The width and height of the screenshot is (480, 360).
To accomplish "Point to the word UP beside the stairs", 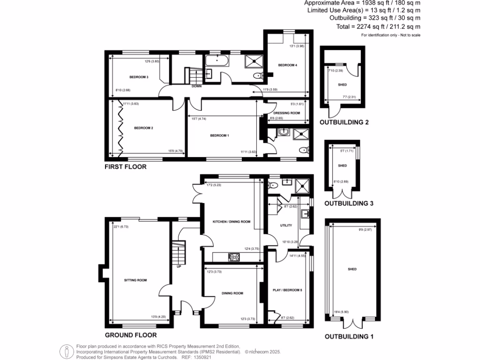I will click(x=179, y=267).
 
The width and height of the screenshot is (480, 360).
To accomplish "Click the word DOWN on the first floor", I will click(x=196, y=86).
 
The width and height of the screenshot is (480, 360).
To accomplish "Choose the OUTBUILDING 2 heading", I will click(x=344, y=123).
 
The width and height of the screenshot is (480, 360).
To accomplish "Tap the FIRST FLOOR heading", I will click(x=126, y=166).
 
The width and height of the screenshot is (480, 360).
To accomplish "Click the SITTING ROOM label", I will click(x=135, y=280).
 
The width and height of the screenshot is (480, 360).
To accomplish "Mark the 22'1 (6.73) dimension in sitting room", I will click(x=121, y=227).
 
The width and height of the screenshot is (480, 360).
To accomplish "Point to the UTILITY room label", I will click(x=286, y=225).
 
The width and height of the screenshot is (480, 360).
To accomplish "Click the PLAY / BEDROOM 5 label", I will click(x=287, y=290).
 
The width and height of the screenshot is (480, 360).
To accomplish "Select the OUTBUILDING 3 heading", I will click(x=349, y=203).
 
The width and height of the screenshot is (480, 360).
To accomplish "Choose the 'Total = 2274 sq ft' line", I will click(x=378, y=27).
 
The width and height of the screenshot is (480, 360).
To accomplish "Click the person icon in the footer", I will click(x=67, y=351).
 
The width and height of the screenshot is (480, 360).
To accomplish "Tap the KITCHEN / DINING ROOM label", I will click(x=232, y=221).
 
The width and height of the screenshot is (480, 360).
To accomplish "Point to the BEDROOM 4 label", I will click(x=287, y=65).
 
